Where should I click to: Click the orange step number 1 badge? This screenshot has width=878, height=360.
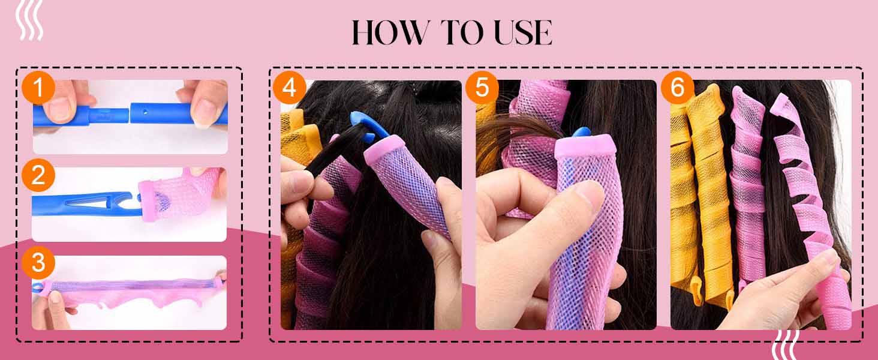pos(38,88)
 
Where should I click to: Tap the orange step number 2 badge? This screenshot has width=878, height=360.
pos(38,175)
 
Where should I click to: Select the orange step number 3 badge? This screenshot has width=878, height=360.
pos(38,263)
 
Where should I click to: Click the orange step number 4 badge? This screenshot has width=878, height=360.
pos(290,88)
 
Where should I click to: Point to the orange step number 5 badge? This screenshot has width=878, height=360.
pos(482,88)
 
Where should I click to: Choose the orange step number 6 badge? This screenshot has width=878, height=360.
pos(677,88)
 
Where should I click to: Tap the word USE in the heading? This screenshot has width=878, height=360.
pos(522,33)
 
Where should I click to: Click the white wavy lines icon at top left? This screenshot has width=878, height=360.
pos(29,20)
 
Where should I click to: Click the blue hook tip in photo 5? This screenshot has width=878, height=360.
pos(581,132)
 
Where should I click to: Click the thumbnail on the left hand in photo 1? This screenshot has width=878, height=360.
pos(61,108)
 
